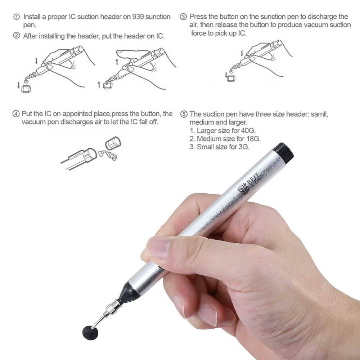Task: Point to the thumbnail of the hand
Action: [x=158, y=247]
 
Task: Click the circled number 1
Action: [x=16, y=17]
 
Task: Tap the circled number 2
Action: [x=16, y=36]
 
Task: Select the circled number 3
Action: [x=184, y=17]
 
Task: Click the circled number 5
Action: [x=184, y=114]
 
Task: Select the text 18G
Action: [x=253, y=139]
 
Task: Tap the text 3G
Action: [x=243, y=147]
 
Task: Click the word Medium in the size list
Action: [x=208, y=139]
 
